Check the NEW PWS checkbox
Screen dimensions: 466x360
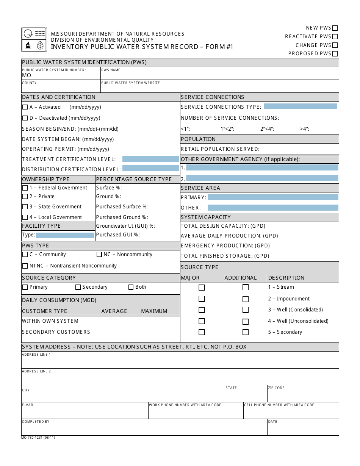335,28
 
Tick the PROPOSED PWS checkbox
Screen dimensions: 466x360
335,54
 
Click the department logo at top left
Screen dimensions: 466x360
34,39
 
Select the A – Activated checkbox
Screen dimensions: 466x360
25,107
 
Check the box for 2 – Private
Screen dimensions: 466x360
25,197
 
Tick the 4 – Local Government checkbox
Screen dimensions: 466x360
25,217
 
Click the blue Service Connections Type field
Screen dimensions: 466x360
301,106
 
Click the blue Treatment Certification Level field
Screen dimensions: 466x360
150,159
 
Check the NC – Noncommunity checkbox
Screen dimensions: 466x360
99,255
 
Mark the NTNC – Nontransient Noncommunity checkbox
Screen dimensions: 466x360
25,266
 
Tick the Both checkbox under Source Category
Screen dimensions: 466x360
131,287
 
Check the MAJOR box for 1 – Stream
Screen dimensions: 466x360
202,288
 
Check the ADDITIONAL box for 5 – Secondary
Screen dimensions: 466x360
246,332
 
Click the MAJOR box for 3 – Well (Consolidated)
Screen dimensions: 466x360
202,310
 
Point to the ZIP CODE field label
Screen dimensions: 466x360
276,388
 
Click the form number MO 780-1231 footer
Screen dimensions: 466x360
38,438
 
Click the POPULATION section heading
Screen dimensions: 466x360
198,139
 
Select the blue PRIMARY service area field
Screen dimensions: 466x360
273,197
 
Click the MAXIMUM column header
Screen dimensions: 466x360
154,311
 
